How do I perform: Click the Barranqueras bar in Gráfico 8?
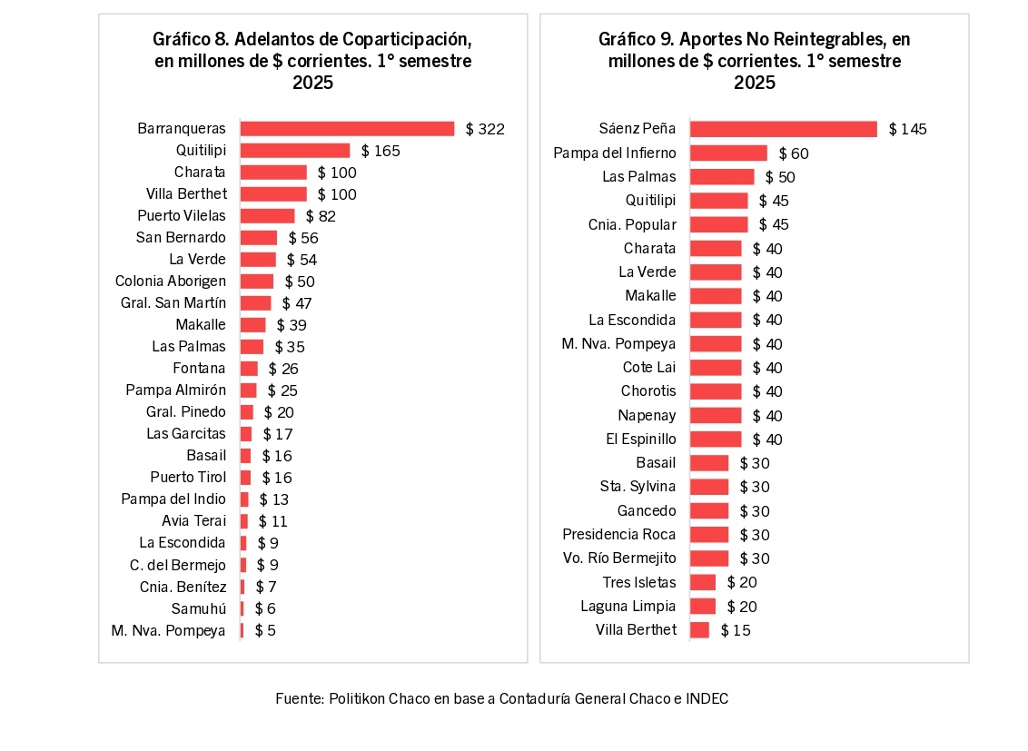coord(347,129)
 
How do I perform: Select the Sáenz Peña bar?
coord(784,129)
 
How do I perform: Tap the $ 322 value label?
coord(485,129)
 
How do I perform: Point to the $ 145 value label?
coord(908,129)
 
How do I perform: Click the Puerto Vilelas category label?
coord(182,216)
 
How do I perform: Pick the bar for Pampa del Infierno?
coord(728,153)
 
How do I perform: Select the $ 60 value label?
coord(794,153)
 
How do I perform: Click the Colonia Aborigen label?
coord(171,282)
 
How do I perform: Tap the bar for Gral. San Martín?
coord(255,303)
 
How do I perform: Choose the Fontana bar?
coord(249,369)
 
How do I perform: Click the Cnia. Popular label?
coord(632,224)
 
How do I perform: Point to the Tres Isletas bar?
coord(703,582)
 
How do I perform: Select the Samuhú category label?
coord(199,608)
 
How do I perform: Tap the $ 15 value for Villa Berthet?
coord(736,630)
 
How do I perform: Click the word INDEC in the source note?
coord(707,699)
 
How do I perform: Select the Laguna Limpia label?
coord(628,607)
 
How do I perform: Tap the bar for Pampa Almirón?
coord(248,390)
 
